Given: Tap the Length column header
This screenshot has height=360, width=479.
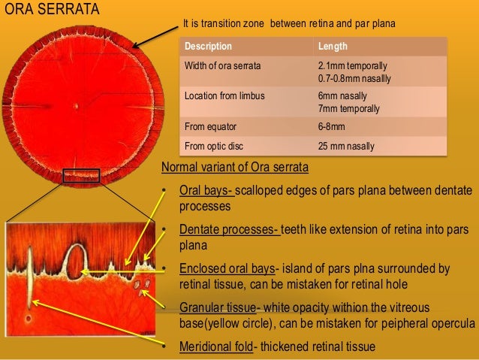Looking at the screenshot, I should click(x=333, y=46).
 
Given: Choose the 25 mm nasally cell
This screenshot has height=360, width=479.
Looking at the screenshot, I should click(x=346, y=146).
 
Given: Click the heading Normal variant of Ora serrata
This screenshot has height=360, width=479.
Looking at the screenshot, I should click(x=234, y=166).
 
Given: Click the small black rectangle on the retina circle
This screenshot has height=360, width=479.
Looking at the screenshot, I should click(x=81, y=176).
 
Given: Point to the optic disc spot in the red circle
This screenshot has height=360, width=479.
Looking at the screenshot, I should click(x=75, y=106).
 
